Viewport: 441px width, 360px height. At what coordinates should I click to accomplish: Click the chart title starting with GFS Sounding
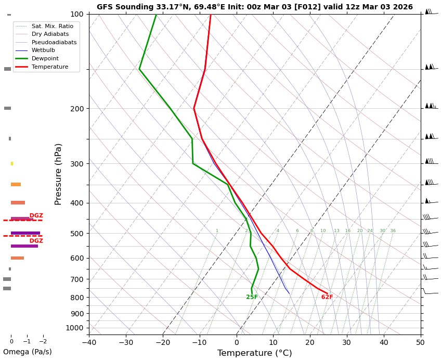[x=254, y=7]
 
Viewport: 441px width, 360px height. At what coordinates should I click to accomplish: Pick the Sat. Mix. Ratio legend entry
[x=52, y=26]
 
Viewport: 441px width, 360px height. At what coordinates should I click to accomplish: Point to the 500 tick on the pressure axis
[x=76, y=234]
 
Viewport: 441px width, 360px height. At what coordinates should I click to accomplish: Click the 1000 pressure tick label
[x=74, y=328]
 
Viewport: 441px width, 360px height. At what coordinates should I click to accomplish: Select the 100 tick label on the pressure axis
[x=76, y=14]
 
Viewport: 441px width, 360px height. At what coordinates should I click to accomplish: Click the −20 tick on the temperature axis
[x=163, y=342]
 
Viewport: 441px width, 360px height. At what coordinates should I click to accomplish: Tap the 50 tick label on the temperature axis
[x=420, y=342]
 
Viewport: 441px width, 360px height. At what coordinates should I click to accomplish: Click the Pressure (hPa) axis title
[x=58, y=174]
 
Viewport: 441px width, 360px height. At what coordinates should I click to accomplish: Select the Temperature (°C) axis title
[x=254, y=353]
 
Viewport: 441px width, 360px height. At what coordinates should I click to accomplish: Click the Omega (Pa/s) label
[x=27, y=352]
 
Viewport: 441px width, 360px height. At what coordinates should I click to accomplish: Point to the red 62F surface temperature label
[x=327, y=297]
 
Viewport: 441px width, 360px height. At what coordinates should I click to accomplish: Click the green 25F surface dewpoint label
[x=252, y=297]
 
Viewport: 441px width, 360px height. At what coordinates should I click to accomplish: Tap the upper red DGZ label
[x=36, y=215]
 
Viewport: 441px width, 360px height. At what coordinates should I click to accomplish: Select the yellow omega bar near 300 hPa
[x=12, y=163]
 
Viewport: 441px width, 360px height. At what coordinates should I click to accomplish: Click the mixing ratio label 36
[x=393, y=230]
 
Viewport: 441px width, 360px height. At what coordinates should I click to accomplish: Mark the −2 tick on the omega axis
[x=43, y=341]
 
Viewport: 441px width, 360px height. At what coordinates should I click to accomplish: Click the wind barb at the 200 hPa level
[x=430, y=106]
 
